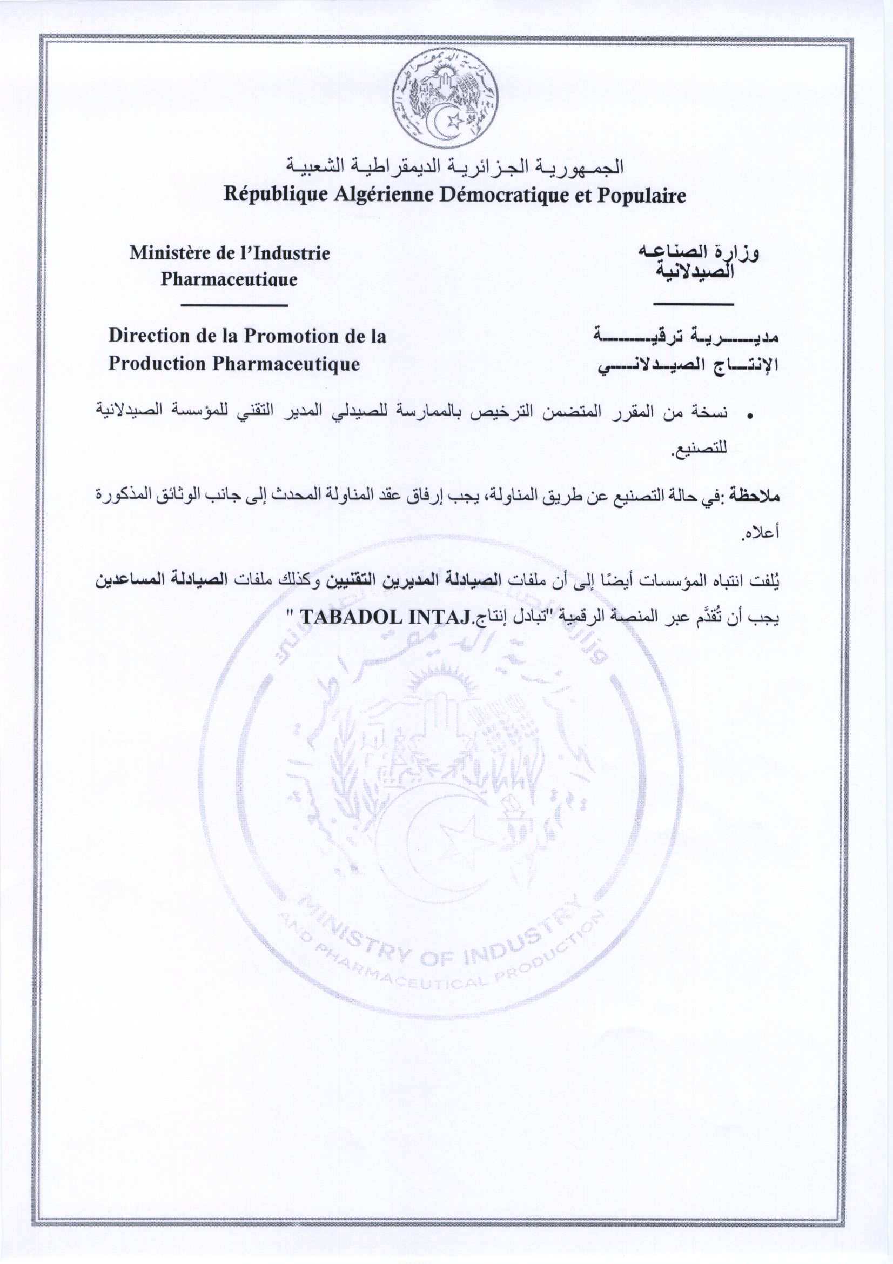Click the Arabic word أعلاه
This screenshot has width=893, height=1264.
tap(761, 533)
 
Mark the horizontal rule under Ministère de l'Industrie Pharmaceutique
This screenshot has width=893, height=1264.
tap(233, 304)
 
